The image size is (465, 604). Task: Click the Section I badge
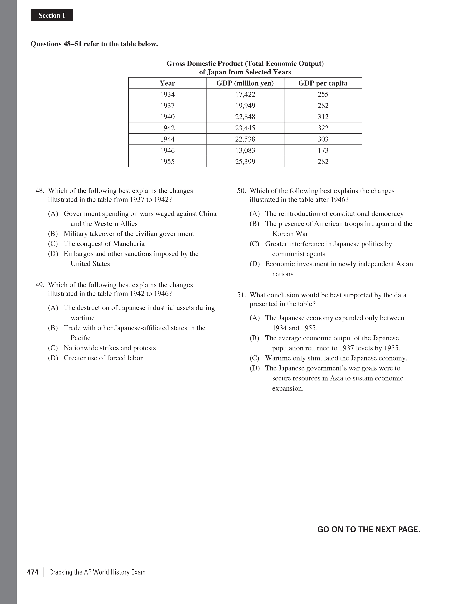[52, 15]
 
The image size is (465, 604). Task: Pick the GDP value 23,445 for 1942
[245, 128]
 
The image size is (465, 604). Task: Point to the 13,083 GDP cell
[245, 150]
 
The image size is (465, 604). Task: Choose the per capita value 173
[323, 150]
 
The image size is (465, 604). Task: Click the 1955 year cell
[167, 162]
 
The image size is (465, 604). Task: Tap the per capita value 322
[323, 128]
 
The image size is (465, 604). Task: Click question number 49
[40, 285]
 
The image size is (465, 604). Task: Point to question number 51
[241, 295]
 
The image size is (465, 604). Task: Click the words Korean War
[290, 234]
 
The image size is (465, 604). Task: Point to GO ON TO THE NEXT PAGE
[368, 529]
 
